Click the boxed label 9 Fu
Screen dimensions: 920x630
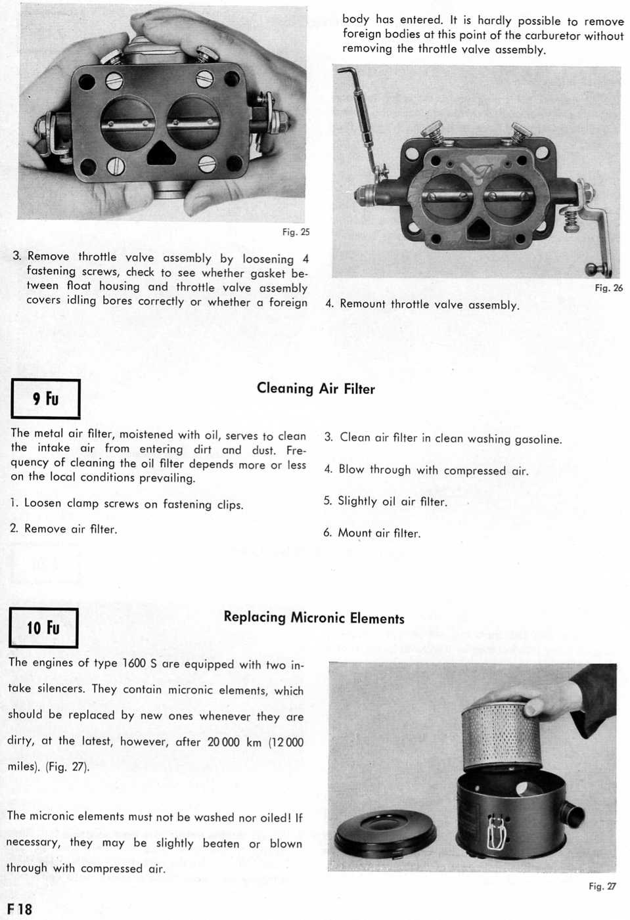click(45, 399)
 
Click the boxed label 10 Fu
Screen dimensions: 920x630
click(43, 628)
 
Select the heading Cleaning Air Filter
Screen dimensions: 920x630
click(315, 389)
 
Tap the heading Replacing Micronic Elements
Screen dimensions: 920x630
click(313, 618)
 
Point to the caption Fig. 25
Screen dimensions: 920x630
click(296, 232)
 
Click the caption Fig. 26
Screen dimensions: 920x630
click(608, 288)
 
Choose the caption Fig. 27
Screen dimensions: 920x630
click(602, 886)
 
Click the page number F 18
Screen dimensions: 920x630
click(20, 909)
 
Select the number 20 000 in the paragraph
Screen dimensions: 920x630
click(223, 741)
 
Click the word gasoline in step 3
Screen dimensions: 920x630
click(538, 439)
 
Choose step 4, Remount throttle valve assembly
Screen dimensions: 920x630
click(422, 305)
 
